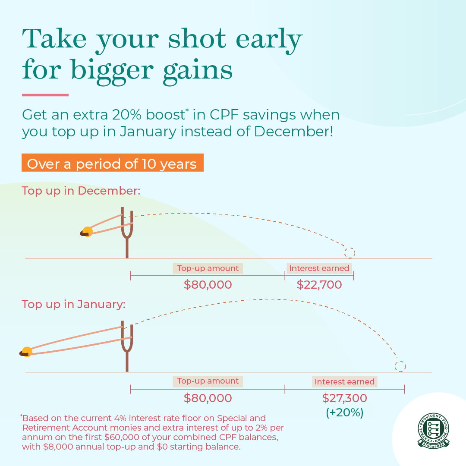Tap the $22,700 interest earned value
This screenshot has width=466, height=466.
pos(319,285)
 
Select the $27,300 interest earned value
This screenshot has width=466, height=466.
pos(344,398)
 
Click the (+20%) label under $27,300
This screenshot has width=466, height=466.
pos(344,412)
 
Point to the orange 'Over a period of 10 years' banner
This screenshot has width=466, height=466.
pos(112,164)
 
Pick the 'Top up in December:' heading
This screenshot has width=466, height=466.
pos(81,191)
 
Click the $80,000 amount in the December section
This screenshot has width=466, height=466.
pos(208,285)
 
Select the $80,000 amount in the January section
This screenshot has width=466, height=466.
pos(208,398)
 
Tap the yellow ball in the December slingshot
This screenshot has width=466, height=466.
pos(88,232)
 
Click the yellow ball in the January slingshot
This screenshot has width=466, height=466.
pos(27,352)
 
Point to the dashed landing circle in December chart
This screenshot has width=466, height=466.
pos(349,253)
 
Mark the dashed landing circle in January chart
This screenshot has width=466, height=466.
pos(400,366)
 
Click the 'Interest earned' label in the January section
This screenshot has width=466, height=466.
pos(344,382)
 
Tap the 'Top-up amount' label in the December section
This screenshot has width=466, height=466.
pos(208,268)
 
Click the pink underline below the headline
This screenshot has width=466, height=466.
pos(45,95)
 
